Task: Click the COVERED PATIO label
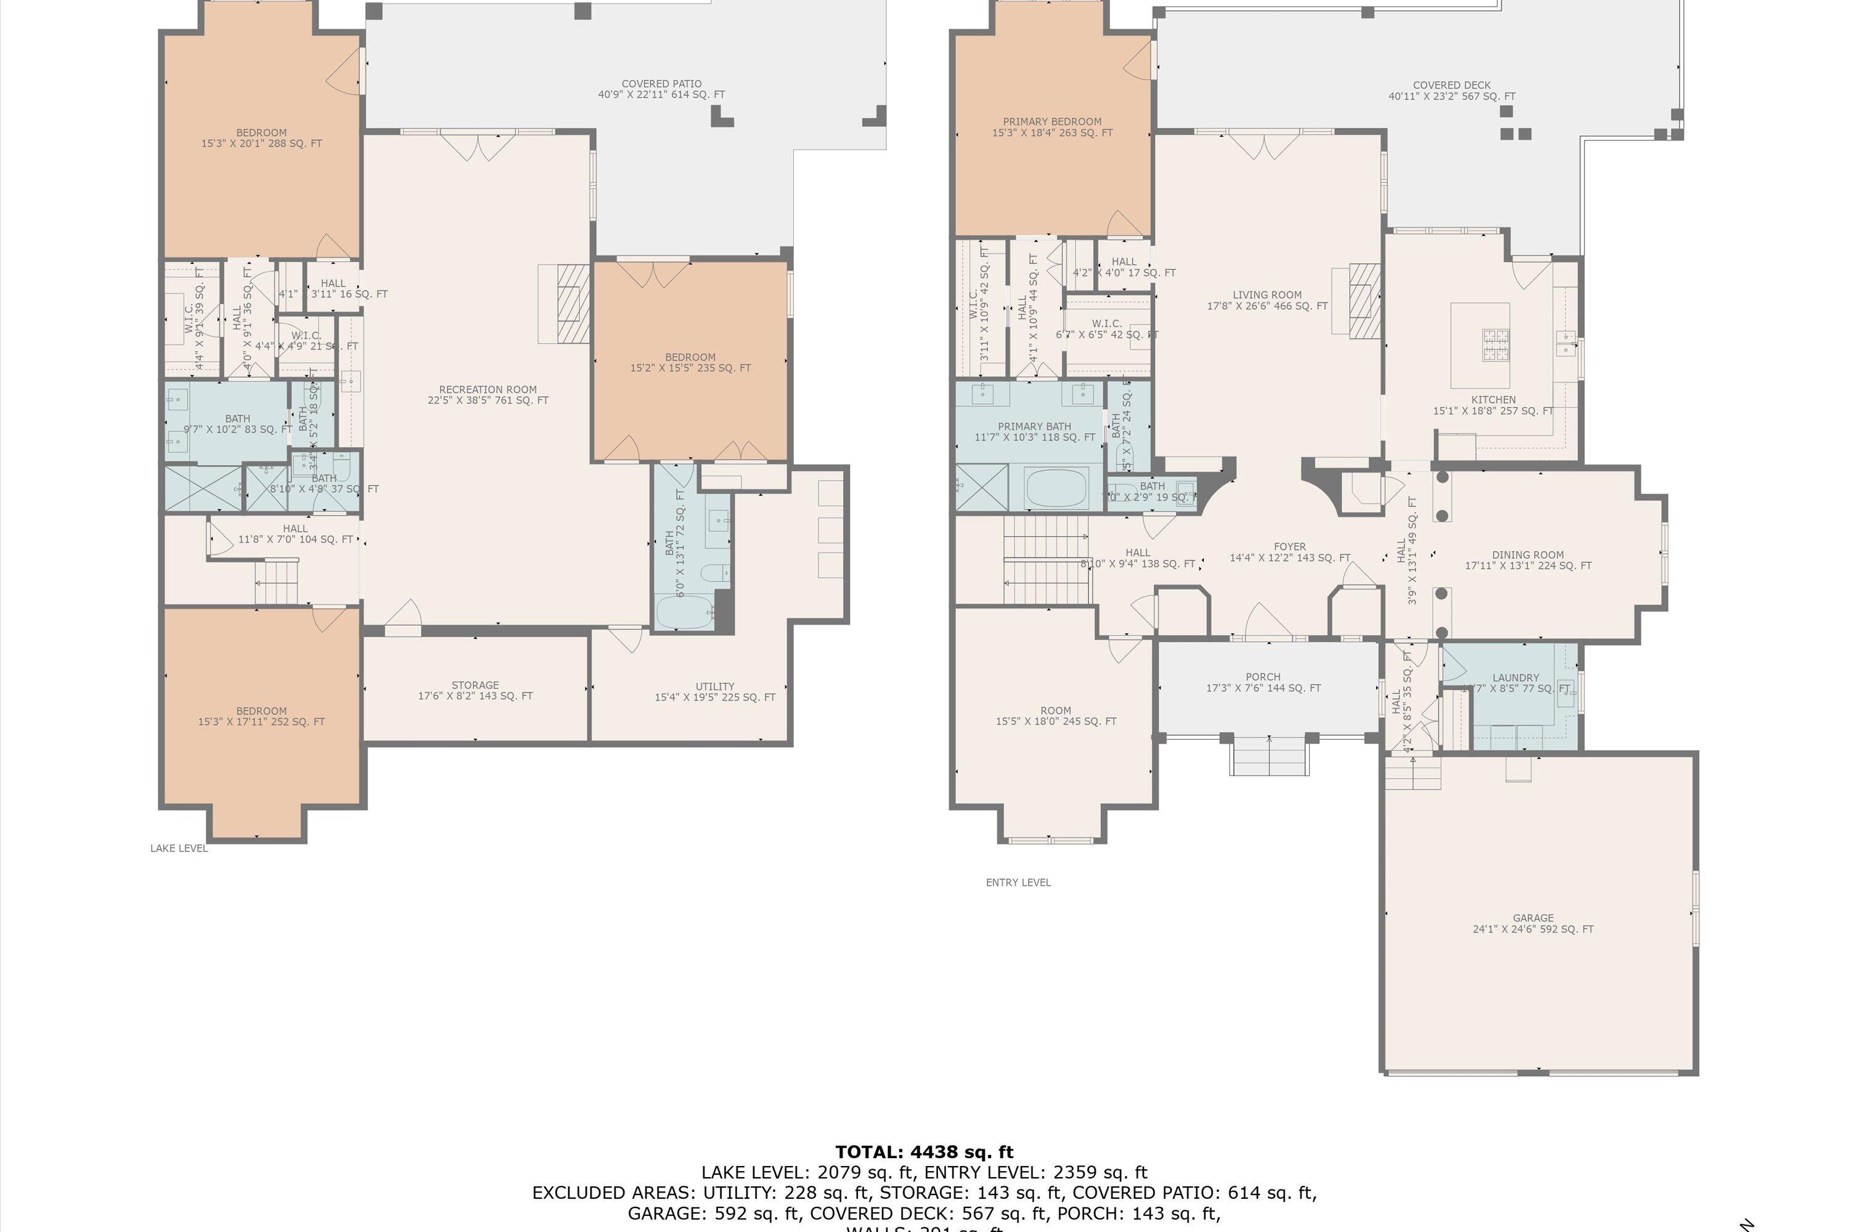[661, 89]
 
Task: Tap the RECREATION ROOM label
[488, 394]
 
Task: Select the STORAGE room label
[475, 690]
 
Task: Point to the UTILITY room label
[714, 691]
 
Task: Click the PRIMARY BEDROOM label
[1052, 126]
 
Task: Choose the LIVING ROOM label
[1267, 300]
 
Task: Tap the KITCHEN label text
[1493, 400]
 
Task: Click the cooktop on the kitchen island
[1495, 344]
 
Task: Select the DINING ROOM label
[1527, 559]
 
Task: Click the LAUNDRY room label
[1515, 677]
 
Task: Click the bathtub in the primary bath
[1056, 487]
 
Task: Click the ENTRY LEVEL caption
[1018, 882]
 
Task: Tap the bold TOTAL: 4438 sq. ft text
[924, 1152]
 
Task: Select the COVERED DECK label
[1451, 91]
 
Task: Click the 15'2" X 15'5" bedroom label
[690, 362]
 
